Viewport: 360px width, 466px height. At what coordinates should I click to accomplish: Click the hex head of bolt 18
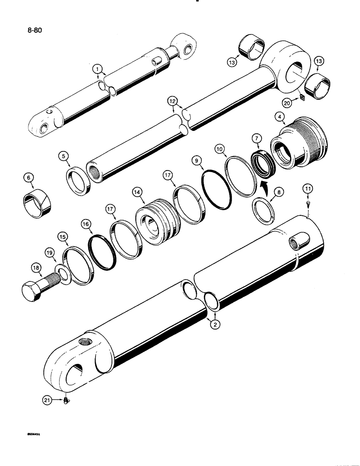(33, 291)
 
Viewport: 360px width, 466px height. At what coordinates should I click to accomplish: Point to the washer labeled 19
(62, 272)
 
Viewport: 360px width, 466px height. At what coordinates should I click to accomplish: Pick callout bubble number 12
(173, 102)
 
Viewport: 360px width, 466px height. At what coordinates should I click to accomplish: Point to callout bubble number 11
(309, 189)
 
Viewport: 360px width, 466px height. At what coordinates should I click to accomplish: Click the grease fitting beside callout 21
(66, 400)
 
